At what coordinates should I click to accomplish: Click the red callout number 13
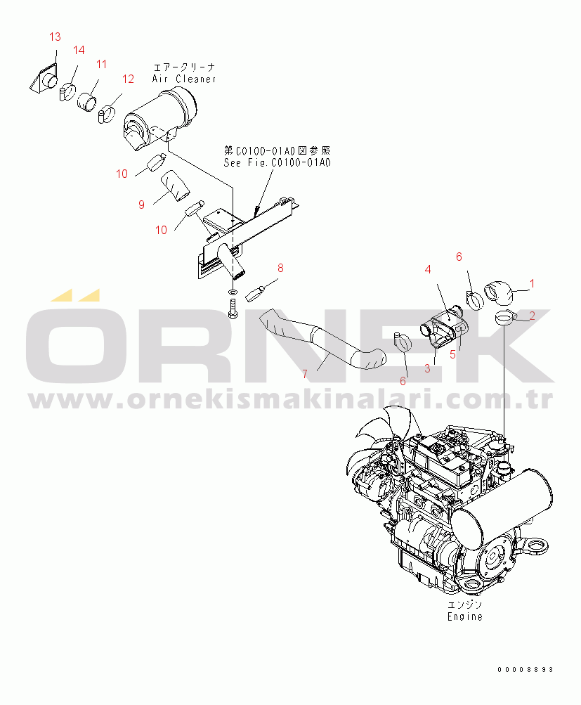(x=55, y=37)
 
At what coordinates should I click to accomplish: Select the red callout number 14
(x=79, y=50)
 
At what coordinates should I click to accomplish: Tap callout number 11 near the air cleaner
(x=102, y=64)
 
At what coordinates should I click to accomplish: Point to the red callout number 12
(x=128, y=79)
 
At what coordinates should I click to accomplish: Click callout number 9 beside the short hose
(x=141, y=205)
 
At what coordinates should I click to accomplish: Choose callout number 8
(x=280, y=268)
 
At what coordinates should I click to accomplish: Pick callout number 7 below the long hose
(x=305, y=374)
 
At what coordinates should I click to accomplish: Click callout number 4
(x=428, y=269)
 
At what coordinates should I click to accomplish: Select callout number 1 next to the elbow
(x=533, y=283)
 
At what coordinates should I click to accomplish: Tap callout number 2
(x=533, y=316)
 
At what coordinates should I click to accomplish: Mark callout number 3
(x=427, y=369)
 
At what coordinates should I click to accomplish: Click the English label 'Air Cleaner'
(x=184, y=79)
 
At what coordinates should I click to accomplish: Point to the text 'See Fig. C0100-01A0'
(x=278, y=162)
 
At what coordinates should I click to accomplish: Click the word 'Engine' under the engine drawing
(x=465, y=616)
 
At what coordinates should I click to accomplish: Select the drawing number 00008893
(x=525, y=669)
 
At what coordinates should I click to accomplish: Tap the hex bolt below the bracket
(x=233, y=309)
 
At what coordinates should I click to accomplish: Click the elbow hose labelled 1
(x=499, y=292)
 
